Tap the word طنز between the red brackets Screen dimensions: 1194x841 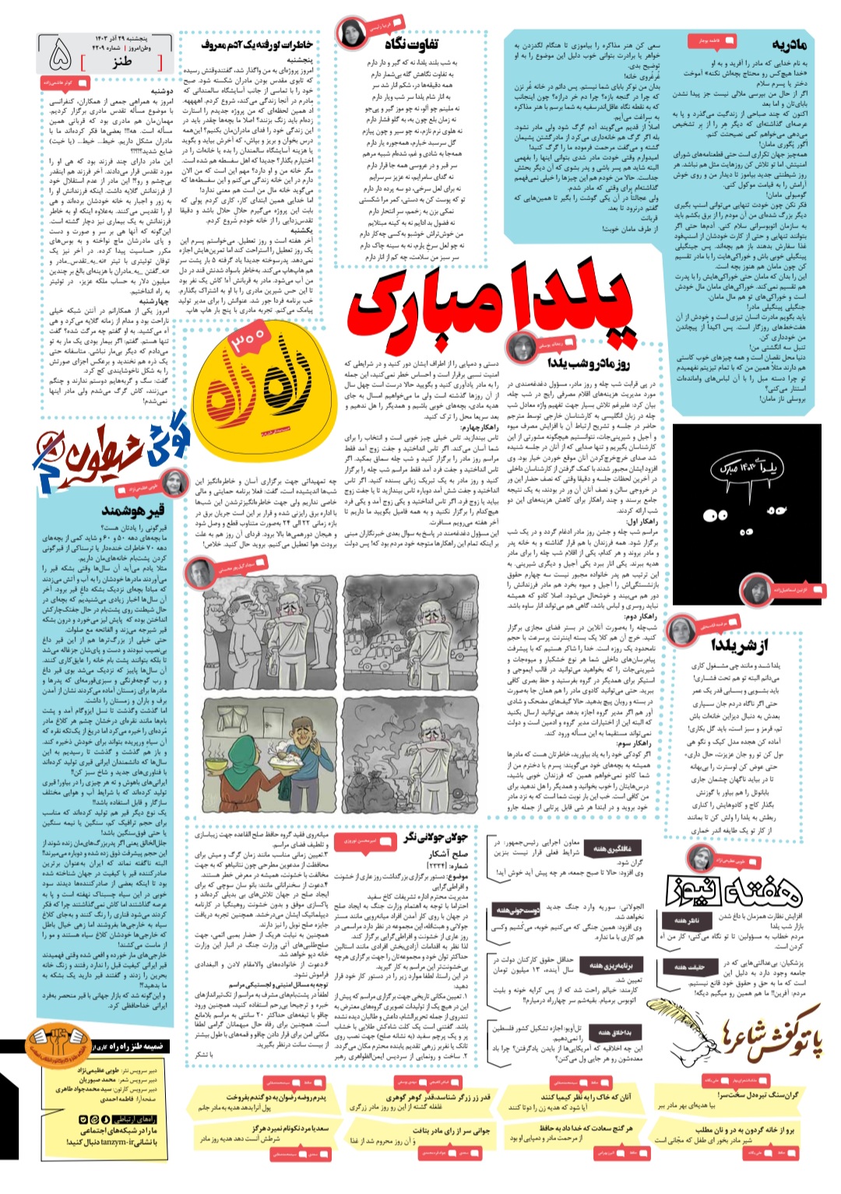122,61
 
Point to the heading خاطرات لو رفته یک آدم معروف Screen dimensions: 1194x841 257,44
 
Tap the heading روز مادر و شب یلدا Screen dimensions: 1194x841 589,363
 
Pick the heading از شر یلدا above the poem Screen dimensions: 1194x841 739,645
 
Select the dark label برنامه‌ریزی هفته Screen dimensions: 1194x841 612,965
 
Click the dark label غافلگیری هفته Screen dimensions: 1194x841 612,848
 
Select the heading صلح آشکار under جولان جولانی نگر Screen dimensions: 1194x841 449,853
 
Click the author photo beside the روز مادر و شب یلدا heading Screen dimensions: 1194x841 521,348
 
